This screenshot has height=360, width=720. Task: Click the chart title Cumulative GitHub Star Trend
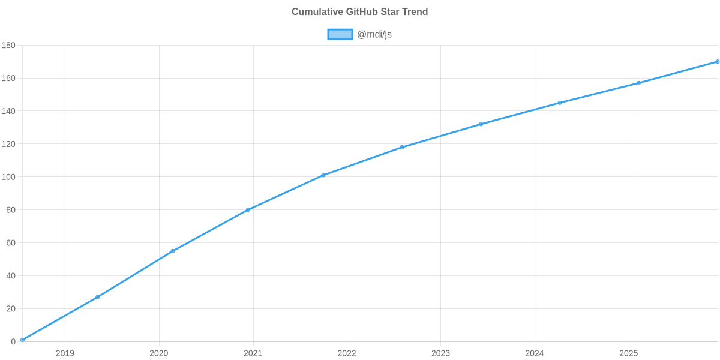pyautogui.click(x=359, y=12)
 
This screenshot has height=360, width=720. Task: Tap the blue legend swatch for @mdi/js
pyautogui.click(x=340, y=34)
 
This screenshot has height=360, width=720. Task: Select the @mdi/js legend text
pyautogui.click(x=374, y=34)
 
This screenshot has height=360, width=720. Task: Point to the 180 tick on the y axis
pyautogui.click(x=8, y=46)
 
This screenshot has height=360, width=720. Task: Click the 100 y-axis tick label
pyautogui.click(x=8, y=177)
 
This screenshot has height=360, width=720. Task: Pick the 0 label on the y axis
pyautogui.click(x=13, y=342)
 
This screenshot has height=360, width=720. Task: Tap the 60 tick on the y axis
pyautogui.click(x=11, y=243)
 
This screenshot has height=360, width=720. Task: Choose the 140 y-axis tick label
pyautogui.click(x=8, y=112)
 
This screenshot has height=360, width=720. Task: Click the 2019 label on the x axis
pyautogui.click(x=65, y=353)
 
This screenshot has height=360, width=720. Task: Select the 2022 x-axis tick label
pyautogui.click(x=347, y=353)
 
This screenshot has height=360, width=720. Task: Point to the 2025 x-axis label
pyautogui.click(x=628, y=353)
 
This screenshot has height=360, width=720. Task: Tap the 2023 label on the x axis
pyautogui.click(x=440, y=353)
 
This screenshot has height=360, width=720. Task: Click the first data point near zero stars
pyautogui.click(x=22, y=340)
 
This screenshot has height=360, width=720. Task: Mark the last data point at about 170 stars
pyautogui.click(x=717, y=62)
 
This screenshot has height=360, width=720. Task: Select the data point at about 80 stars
pyautogui.click(x=248, y=210)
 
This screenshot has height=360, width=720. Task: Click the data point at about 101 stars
pyautogui.click(x=323, y=175)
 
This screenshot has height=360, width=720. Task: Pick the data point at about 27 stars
pyautogui.click(x=97, y=297)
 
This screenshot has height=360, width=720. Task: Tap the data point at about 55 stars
pyautogui.click(x=173, y=251)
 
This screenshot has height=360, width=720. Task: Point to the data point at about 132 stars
pyautogui.click(x=481, y=124)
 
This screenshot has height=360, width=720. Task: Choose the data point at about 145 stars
pyautogui.click(x=559, y=103)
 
